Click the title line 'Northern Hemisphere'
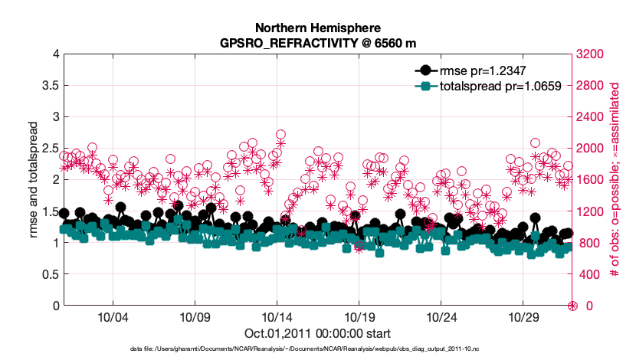[318, 27]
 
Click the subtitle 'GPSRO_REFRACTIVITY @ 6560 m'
[318, 41]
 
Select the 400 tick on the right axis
[589, 274]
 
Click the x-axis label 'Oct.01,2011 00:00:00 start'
[318, 333]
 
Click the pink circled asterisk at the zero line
[572, 306]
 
